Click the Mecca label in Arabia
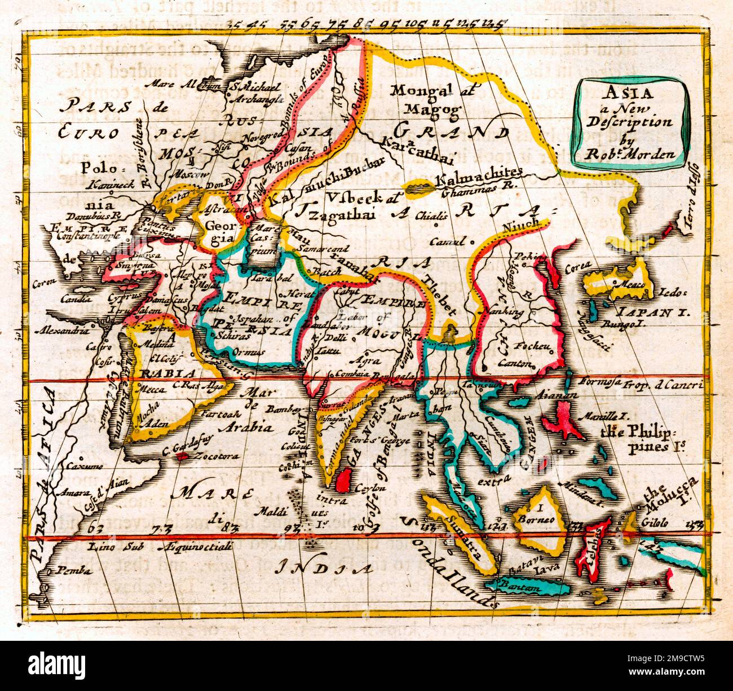coord(149,390)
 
